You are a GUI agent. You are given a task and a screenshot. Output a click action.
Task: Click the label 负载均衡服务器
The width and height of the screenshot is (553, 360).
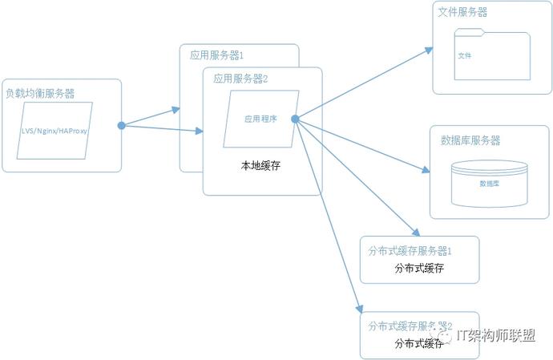pyautogui.click(x=40, y=93)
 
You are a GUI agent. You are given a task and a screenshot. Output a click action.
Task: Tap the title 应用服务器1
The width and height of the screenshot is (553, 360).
pyautogui.click(x=216, y=56)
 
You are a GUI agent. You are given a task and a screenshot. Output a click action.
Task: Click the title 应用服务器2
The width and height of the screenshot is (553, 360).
pyautogui.click(x=240, y=79)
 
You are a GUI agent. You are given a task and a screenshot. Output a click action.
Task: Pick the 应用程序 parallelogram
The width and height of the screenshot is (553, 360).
pyautogui.click(x=260, y=118)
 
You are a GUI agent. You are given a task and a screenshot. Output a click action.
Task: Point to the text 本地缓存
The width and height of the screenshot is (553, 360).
pyautogui.click(x=260, y=165)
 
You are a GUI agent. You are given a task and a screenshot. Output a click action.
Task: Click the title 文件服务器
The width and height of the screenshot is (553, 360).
pyautogui.click(x=463, y=13)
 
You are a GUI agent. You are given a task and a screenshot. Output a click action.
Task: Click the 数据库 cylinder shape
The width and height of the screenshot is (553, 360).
pyautogui.click(x=489, y=182)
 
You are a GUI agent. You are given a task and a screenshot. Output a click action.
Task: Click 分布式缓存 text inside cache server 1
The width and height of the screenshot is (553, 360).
pyautogui.click(x=419, y=268)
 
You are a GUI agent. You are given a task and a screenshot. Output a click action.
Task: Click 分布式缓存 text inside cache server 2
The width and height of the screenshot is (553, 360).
pyautogui.click(x=419, y=343)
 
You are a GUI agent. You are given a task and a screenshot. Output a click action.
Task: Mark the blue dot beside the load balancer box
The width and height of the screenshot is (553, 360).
pyautogui.click(x=122, y=125)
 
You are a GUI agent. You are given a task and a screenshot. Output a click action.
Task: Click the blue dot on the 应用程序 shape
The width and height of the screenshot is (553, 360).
pyautogui.click(x=295, y=119)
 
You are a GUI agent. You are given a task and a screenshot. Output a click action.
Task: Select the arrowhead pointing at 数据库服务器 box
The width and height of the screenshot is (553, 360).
pyautogui.click(x=426, y=170)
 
